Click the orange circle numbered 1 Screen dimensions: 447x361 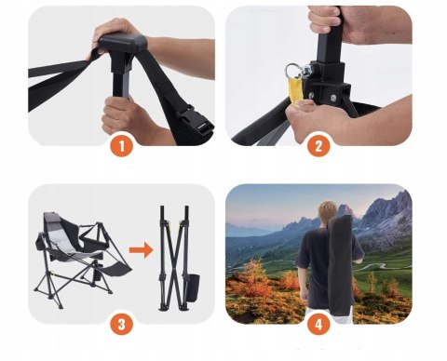click(x=122, y=146)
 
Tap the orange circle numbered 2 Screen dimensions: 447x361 click(x=318, y=146)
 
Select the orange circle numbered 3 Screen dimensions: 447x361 click(x=122, y=324)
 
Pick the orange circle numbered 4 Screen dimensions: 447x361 click(x=318, y=324)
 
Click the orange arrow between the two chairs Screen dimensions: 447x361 click(x=141, y=250)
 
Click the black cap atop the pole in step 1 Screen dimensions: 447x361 click(x=122, y=43)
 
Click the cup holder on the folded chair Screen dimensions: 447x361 click(x=194, y=287)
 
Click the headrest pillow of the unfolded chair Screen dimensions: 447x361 click(x=50, y=221)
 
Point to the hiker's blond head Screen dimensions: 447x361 click(x=329, y=212)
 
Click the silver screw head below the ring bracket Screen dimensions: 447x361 click(x=333, y=98)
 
